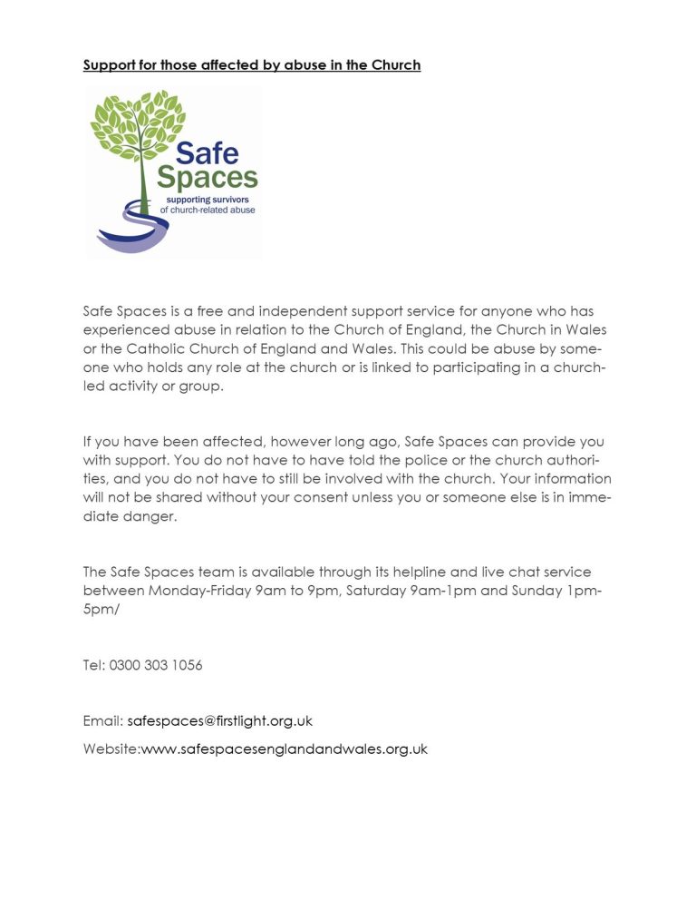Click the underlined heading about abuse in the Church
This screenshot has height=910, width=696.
pos(252,65)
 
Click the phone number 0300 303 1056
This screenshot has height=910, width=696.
pos(156,665)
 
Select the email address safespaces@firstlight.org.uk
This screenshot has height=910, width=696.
pos(220,721)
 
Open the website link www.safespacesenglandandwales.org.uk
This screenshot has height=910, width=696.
pos(285,749)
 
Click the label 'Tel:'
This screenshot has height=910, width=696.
pos(93,665)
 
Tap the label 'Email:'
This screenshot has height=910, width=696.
pos(103,721)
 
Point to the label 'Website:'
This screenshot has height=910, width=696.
pos(111,749)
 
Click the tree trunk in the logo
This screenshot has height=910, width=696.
pos(144,186)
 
